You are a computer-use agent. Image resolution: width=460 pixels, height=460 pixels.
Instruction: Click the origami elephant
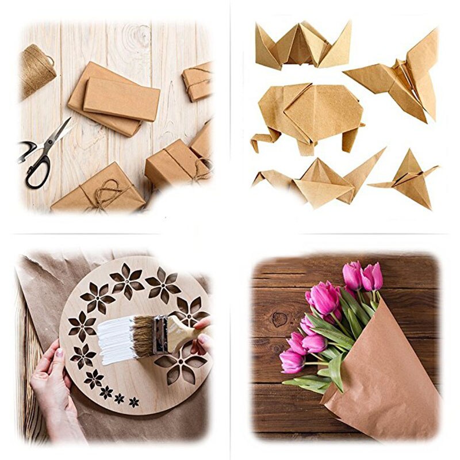point(310,115)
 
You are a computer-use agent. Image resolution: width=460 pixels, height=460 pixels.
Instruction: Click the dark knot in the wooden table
point(280,319)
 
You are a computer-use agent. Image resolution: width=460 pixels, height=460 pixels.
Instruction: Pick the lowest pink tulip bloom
point(292,362)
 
